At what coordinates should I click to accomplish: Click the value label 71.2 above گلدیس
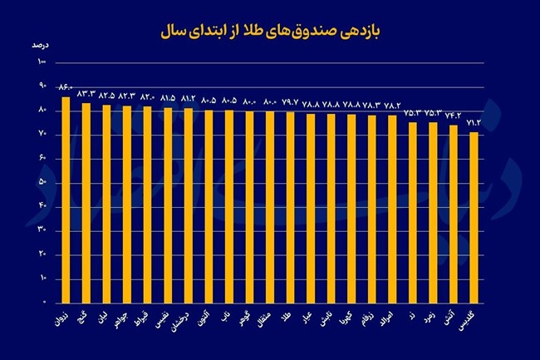[474, 122]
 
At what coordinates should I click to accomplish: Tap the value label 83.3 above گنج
[87, 94]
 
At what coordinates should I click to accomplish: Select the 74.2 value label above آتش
[454, 115]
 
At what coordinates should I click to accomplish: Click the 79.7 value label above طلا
[290, 102]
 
